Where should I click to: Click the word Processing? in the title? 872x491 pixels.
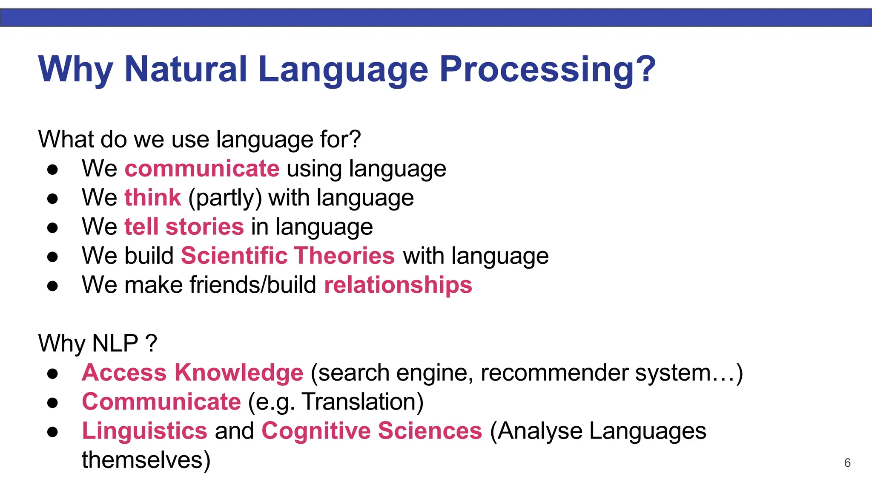point(547,69)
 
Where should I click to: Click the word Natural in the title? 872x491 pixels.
point(186,69)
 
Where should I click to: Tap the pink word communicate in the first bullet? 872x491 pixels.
point(202,168)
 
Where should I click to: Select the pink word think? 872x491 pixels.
point(153,198)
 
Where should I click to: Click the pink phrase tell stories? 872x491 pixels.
point(184,227)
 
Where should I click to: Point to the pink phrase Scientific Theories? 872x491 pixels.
point(288,256)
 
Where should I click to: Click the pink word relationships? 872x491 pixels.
point(398,285)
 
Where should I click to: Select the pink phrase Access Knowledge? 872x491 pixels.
point(192,373)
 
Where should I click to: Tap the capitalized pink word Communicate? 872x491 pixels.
point(161,401)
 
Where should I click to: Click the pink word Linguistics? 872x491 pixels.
point(144,430)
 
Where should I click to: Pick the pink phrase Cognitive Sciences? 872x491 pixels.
point(372,430)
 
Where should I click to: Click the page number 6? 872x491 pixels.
point(847,463)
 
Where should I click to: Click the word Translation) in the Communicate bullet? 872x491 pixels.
point(363,402)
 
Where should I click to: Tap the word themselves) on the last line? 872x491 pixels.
point(146,460)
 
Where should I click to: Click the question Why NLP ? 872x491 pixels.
point(98,344)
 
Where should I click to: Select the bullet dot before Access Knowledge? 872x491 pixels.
point(52,374)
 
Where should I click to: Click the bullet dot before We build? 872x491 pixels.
point(52,257)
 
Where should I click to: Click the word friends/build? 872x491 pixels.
point(253,285)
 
